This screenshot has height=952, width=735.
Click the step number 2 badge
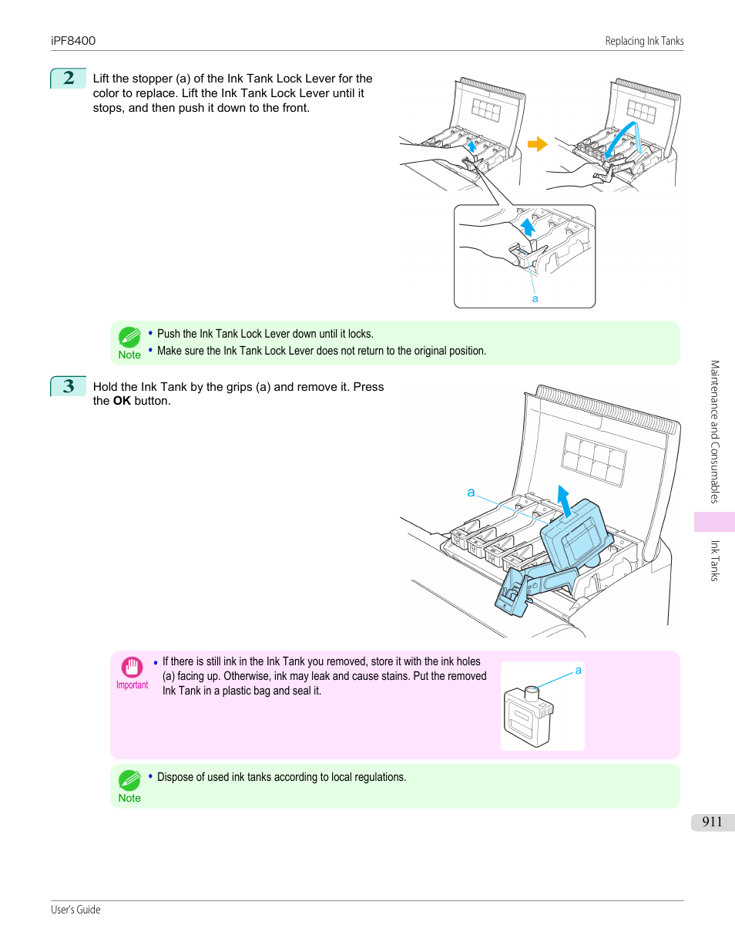click(69, 78)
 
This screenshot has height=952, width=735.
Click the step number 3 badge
click(69, 386)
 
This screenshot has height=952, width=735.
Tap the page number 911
click(712, 822)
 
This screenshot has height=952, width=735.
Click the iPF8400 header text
click(73, 41)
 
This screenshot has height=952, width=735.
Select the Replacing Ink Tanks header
click(644, 41)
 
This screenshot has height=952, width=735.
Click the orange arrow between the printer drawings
click(537, 144)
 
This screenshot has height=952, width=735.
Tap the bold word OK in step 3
click(122, 401)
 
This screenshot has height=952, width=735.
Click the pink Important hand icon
click(132, 667)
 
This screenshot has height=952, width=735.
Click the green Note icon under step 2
click(129, 337)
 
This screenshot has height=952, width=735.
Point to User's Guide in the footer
click(76, 910)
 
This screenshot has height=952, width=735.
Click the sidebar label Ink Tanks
click(714, 560)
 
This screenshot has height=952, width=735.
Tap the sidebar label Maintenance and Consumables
click(714, 432)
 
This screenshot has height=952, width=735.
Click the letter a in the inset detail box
click(535, 299)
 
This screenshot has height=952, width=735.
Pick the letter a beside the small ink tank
click(578, 671)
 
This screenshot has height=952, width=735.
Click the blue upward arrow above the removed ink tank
click(565, 501)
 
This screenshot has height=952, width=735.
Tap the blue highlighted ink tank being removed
click(574, 536)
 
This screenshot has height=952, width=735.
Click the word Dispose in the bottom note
click(176, 777)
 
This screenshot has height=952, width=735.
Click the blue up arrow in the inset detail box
click(528, 227)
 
